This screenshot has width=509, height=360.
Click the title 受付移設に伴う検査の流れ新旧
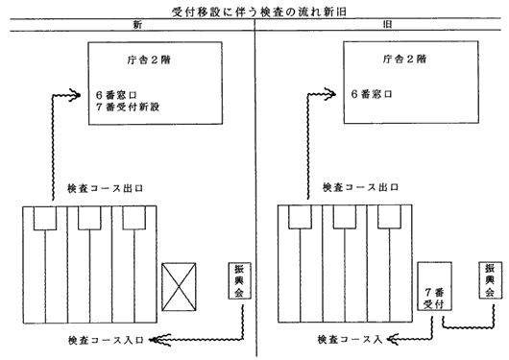tap(259, 12)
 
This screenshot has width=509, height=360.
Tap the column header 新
tap(137, 25)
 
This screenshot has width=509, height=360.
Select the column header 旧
tap(387, 24)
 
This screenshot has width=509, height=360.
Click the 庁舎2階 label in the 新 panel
tap(149, 60)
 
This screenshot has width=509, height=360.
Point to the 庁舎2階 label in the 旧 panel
tap(404, 59)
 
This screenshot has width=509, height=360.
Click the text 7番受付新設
tap(128, 107)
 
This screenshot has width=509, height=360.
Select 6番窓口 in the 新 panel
tap(116, 95)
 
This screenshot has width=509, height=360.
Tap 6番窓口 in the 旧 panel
tap(372, 94)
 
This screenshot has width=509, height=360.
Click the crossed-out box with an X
tap(179, 287)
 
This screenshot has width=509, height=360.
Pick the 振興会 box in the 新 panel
tap(239, 280)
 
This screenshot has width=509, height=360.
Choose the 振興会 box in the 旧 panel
tap(490, 280)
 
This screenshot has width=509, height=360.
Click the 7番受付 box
tap(434, 286)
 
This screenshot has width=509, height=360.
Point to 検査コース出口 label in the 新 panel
tap(106, 188)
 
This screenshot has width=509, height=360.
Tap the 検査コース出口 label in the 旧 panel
tap(360, 187)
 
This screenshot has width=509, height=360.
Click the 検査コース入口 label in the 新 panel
tap(106, 340)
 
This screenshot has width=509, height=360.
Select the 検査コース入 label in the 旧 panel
tap(350, 340)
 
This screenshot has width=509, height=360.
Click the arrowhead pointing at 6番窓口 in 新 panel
tap(75, 95)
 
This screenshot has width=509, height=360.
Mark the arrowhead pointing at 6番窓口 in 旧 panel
tap(330, 94)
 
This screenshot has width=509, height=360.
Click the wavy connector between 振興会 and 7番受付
tap(468, 327)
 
